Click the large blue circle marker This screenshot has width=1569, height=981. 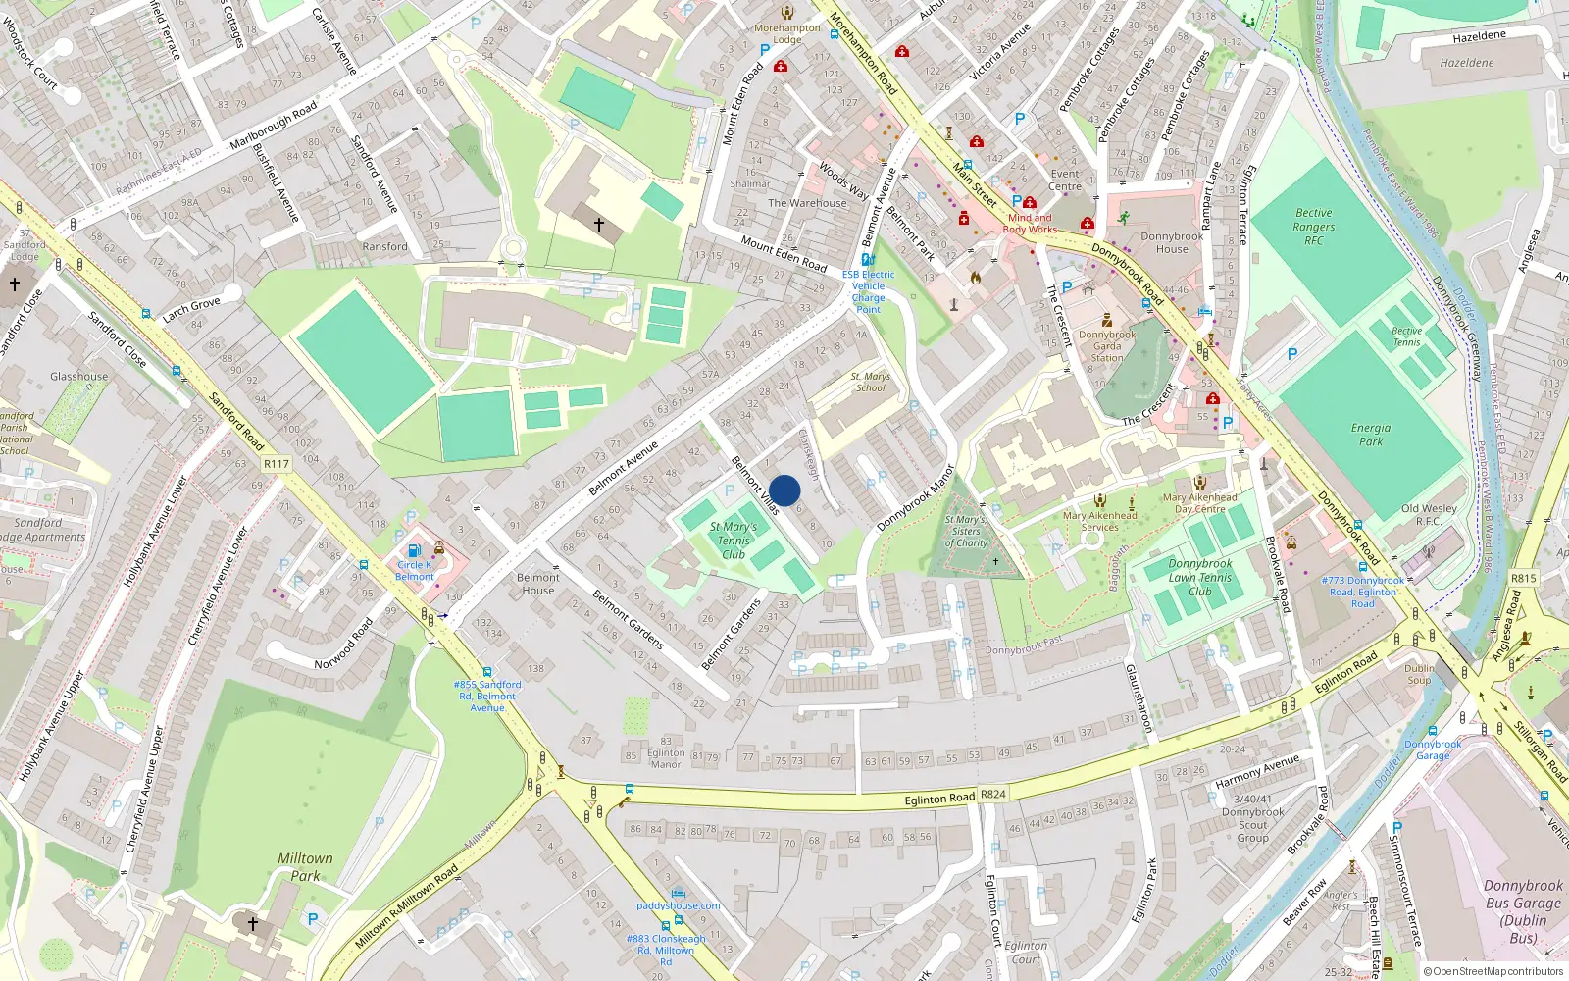[784, 490]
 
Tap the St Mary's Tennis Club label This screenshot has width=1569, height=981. [734, 541]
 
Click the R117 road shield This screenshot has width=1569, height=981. [277, 464]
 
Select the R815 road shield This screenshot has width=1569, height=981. [1523, 578]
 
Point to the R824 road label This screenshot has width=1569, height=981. [993, 794]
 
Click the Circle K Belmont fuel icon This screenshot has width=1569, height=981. [414, 551]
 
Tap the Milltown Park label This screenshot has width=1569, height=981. [305, 867]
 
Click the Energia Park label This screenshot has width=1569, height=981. [1370, 435]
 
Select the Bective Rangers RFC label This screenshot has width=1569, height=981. [1313, 227]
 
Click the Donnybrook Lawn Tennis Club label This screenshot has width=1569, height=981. [1200, 578]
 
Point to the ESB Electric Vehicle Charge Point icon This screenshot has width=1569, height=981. [868, 260]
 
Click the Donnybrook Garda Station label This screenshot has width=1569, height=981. [1107, 345]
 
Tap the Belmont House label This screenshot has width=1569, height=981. [538, 584]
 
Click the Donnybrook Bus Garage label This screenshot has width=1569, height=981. [1523, 911]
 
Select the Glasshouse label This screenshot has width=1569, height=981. [79, 377]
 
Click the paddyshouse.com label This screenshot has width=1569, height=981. [678, 905]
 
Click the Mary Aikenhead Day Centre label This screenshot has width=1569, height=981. [1200, 503]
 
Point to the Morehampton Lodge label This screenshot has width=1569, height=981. [786, 34]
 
